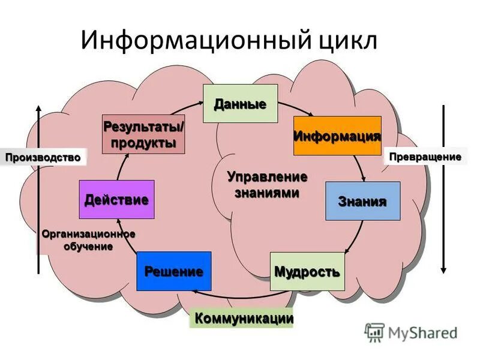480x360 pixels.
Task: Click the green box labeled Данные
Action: click(x=240, y=104)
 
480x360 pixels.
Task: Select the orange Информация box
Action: click(x=337, y=136)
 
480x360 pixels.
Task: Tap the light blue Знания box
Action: click(x=362, y=201)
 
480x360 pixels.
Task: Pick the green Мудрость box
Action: click(x=307, y=271)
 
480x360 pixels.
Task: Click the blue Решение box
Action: click(x=173, y=271)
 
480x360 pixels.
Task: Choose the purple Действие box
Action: click(x=116, y=199)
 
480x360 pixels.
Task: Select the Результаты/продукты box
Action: click(x=143, y=134)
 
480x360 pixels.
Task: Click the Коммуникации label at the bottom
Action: click(x=242, y=318)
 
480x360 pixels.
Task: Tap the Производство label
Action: click(x=43, y=157)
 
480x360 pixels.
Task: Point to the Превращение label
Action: click(x=425, y=157)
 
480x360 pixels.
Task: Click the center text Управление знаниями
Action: click(x=267, y=185)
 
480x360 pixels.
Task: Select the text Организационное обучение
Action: click(x=88, y=240)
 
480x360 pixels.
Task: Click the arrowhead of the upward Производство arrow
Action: click(x=38, y=108)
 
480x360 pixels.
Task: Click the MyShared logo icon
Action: click(x=374, y=331)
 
